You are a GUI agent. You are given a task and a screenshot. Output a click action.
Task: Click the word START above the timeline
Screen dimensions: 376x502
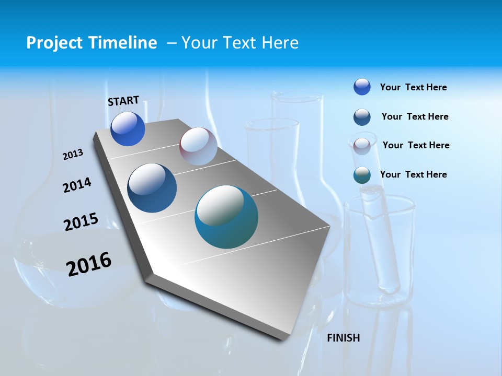[x=123, y=100]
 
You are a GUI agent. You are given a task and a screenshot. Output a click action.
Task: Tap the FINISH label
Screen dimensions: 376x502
[x=343, y=338]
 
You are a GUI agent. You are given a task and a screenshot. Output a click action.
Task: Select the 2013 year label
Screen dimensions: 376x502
[x=73, y=155]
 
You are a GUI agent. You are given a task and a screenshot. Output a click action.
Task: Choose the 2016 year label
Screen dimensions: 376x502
[x=89, y=264]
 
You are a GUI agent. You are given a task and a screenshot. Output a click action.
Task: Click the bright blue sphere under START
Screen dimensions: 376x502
[x=128, y=129]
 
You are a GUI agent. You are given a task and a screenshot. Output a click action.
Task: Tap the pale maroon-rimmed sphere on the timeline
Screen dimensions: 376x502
[x=198, y=146]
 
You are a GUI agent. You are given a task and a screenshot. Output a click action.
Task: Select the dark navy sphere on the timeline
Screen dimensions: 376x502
[x=152, y=188]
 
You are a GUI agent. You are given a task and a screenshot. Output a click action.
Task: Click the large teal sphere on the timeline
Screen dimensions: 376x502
[x=226, y=217]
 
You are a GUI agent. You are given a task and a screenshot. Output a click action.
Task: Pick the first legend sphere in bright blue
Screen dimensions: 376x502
[x=362, y=87]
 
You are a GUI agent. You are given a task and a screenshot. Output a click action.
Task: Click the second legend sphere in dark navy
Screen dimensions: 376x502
[x=362, y=117]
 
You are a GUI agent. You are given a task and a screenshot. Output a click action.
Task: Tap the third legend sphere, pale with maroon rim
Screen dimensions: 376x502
[x=362, y=146]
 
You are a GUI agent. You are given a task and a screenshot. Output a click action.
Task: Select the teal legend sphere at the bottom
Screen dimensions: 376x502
[x=362, y=175]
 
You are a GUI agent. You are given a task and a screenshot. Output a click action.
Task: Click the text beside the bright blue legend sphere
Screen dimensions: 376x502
[x=413, y=87]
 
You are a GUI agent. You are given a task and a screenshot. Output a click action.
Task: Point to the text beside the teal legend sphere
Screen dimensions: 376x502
[x=413, y=174]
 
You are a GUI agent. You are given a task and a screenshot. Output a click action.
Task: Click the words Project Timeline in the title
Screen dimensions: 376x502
[x=92, y=43]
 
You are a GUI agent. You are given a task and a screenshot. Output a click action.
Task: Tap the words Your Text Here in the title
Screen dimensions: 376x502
[x=240, y=43]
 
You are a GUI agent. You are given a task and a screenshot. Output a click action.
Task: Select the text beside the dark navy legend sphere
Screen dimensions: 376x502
[x=415, y=116]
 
